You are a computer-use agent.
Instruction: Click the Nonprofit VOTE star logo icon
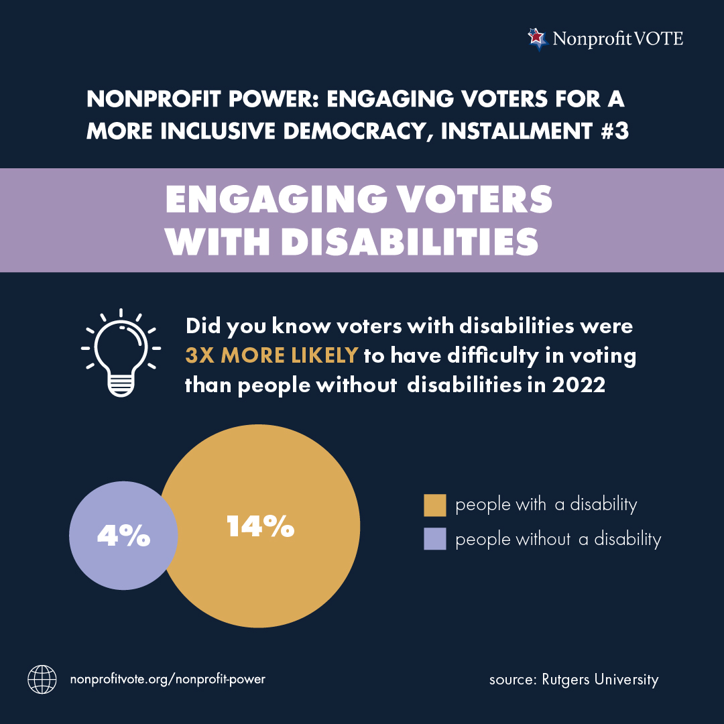point(536,39)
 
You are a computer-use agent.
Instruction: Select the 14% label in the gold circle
point(260,527)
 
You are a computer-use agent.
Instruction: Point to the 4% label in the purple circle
point(123,536)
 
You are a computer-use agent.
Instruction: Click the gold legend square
point(435,505)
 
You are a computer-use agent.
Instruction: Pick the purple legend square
point(435,539)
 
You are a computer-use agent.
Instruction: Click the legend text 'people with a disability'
point(546,505)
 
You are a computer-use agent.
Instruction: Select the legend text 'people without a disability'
point(558,539)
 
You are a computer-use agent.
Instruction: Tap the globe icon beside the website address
point(42,679)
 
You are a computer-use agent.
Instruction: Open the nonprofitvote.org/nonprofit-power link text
point(168,679)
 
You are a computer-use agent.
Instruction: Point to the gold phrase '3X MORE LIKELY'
point(271,356)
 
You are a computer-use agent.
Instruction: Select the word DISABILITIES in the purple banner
point(410,243)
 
